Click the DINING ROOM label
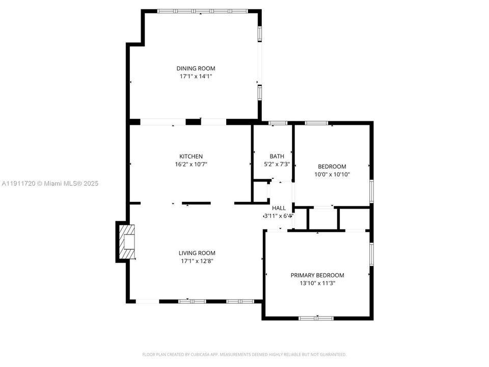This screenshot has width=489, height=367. coord(196,68)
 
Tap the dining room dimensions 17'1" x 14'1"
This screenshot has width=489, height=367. coord(196,76)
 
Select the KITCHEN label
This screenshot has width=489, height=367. coord(191,156)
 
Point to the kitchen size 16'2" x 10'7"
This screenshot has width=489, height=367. coord(191,164)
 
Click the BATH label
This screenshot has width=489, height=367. coord(277,156)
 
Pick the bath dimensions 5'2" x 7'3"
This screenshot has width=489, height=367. coord(277,164)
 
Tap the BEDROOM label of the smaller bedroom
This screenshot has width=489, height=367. coord(332,167)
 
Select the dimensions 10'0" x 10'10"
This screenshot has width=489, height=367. coord(332,174)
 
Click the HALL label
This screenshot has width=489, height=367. coord(279,208)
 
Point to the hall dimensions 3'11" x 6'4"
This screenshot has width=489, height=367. coord(279,216)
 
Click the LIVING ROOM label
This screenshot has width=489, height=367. coord(197,253)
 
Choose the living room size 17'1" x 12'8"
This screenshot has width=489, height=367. coord(197,261)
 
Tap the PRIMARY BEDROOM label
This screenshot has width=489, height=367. coord(317,275)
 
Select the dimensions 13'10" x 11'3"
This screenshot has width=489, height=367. coord(317,283)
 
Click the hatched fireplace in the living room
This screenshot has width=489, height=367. coord(127,242)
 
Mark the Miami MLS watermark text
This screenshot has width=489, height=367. coord(50,183)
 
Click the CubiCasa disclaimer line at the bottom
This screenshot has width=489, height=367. coord(244,355)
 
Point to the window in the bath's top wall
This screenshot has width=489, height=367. coord(278,123)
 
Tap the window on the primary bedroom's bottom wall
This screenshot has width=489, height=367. coord(316,318)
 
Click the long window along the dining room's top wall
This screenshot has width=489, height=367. coord(202,11)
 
